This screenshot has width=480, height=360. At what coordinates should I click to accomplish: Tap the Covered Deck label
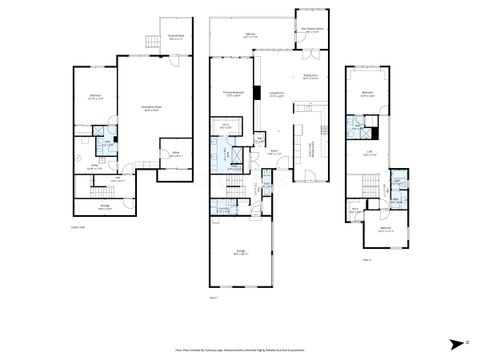(x=176, y=38)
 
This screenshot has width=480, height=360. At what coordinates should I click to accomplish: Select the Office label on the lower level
(x=174, y=153)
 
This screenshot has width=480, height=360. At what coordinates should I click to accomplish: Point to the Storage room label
(x=105, y=207)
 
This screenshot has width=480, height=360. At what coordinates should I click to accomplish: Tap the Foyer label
(x=272, y=153)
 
